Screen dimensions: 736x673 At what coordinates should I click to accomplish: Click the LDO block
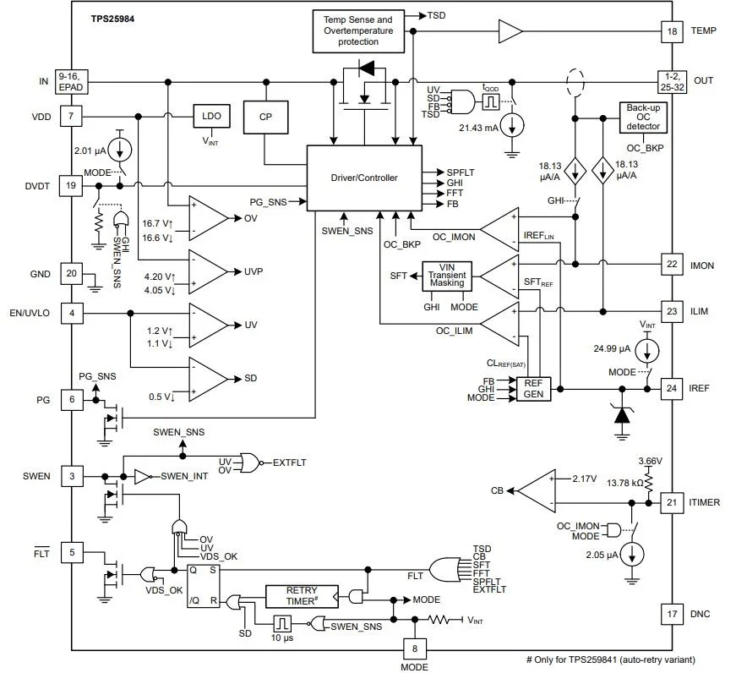point(212,116)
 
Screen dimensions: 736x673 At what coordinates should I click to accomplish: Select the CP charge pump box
point(265,117)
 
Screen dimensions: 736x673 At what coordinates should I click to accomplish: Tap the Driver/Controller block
point(364,178)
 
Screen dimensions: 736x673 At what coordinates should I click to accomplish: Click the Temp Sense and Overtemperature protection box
point(358,31)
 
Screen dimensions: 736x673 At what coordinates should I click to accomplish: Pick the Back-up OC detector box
point(643,118)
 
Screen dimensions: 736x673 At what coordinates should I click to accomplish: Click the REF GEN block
point(533,389)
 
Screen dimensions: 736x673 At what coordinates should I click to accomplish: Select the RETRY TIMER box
point(302,596)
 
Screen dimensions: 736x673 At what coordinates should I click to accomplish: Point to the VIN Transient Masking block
point(447,276)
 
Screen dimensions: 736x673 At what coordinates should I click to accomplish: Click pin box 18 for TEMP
point(672,31)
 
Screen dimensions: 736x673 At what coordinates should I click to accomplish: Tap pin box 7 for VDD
point(71,116)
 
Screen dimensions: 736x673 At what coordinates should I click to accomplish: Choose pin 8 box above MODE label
point(414,649)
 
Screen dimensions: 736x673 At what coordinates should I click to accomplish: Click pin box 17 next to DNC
point(672,614)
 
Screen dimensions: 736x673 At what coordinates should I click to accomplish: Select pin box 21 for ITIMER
point(672,502)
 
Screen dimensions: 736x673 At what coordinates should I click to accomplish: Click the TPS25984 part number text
point(112,19)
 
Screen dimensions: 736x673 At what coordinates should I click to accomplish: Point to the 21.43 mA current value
point(478,128)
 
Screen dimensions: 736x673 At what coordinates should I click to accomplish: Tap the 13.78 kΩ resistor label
point(624,483)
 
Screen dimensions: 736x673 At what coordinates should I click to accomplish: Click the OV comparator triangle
point(208,218)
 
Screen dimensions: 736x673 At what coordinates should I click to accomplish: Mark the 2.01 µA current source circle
point(120,150)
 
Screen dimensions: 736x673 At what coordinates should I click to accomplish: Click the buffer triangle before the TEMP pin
point(510,31)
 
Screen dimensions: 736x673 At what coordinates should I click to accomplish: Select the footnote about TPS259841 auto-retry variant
point(611,659)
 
